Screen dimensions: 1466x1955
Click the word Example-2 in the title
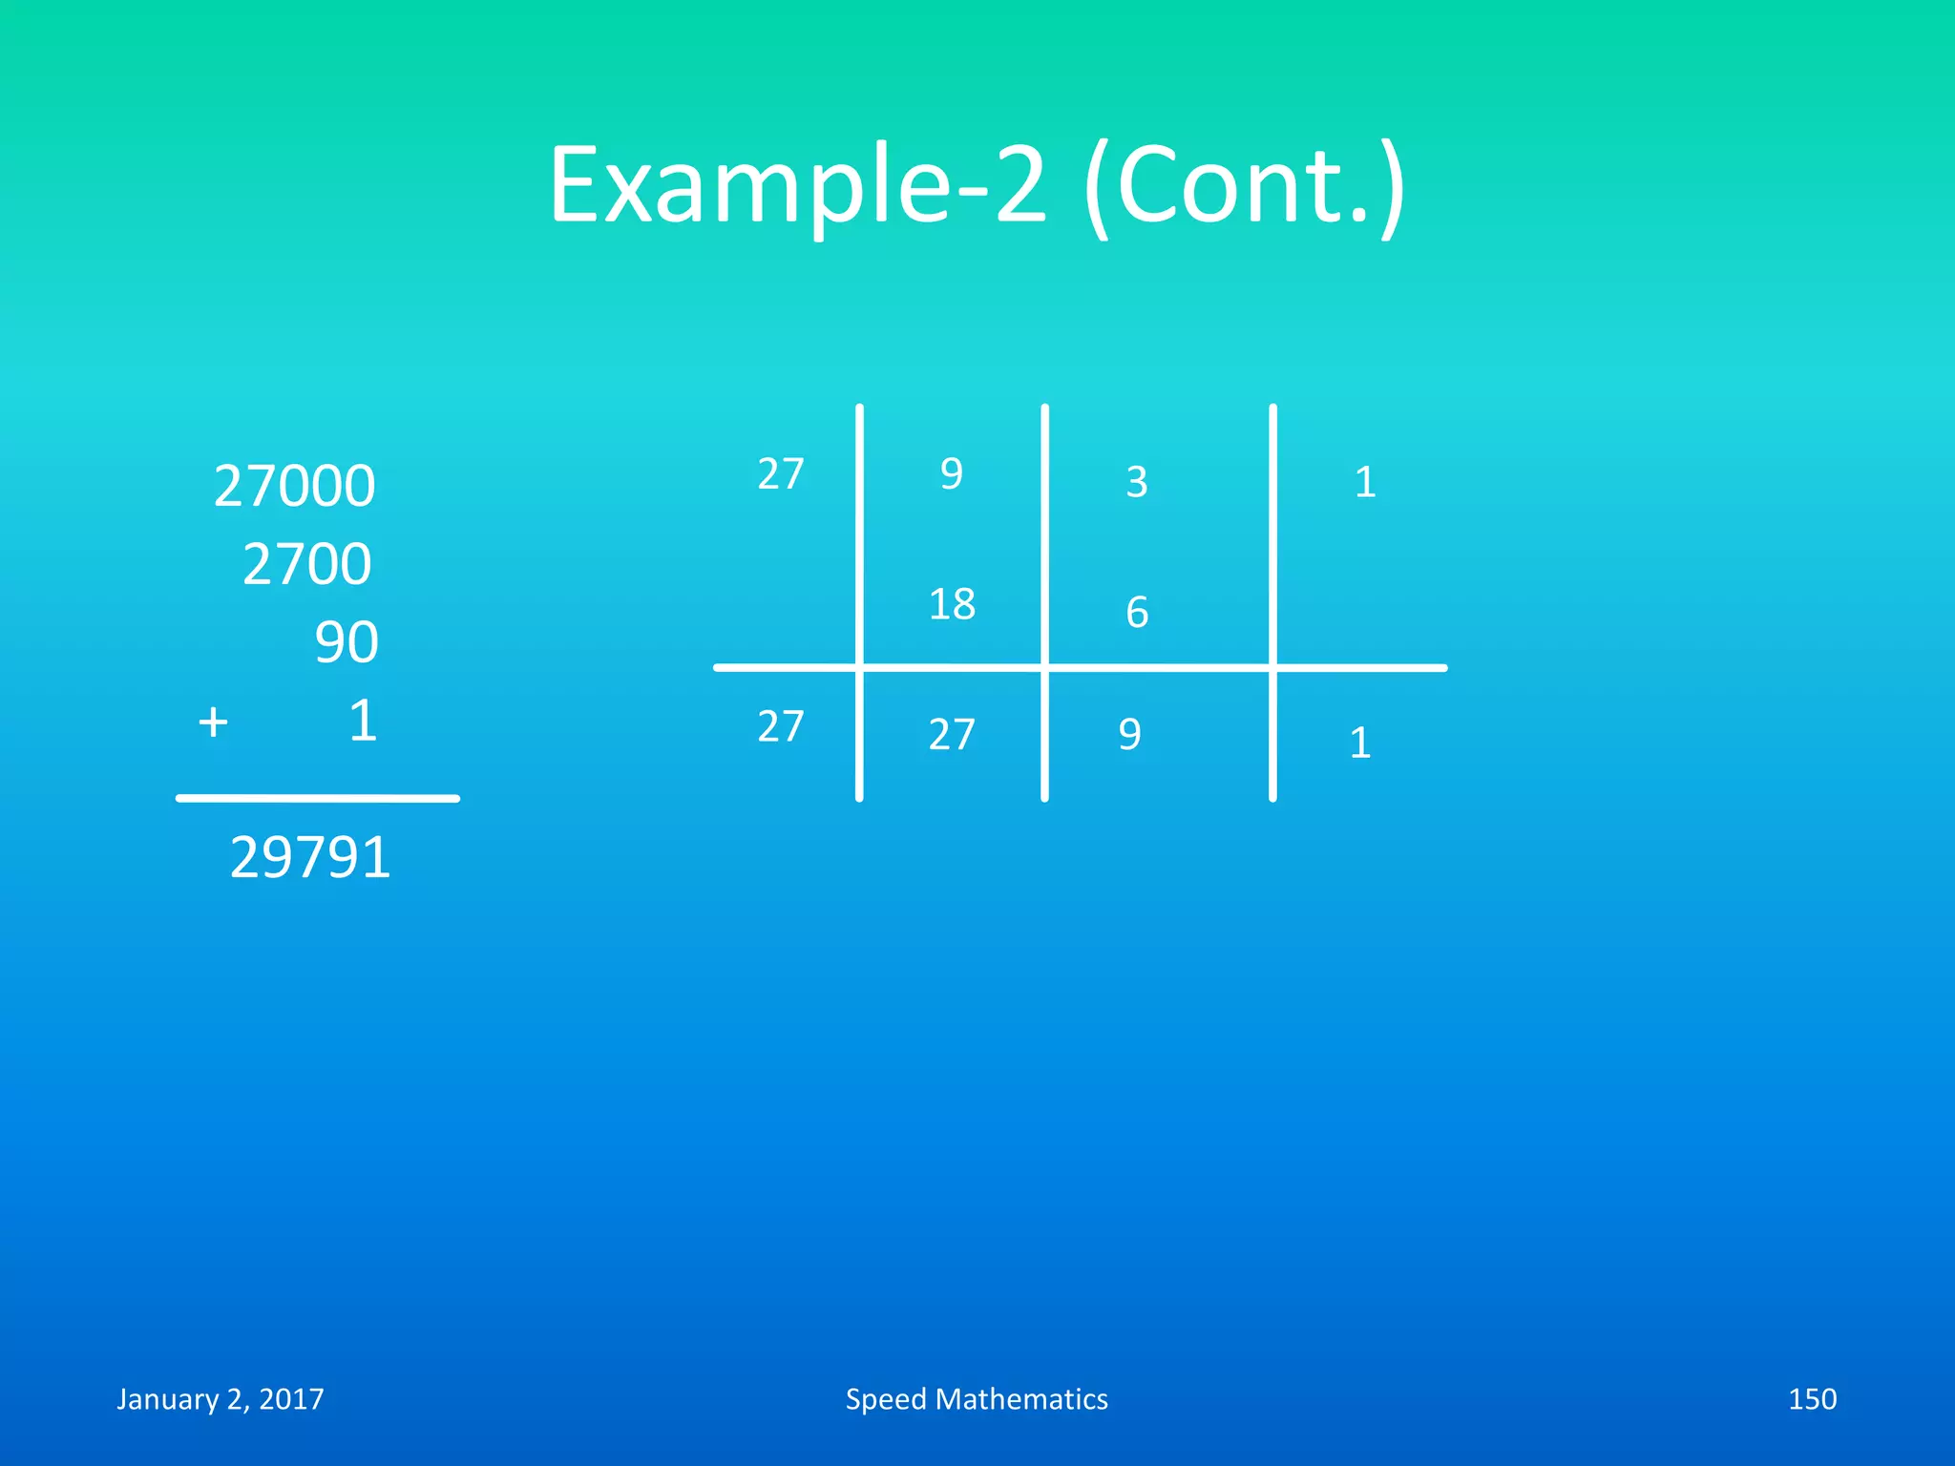[798, 185]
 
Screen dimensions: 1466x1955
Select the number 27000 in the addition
[294, 486]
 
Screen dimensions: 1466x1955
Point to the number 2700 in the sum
[306, 564]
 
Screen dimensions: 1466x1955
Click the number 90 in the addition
[347, 642]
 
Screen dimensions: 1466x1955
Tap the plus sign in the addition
[213, 722]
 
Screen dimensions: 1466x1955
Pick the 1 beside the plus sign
[363, 721]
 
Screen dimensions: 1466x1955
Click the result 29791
[310, 857]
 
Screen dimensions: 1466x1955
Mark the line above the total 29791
[318, 798]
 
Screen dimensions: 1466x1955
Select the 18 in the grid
[952, 604]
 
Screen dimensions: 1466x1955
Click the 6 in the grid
[1136, 612]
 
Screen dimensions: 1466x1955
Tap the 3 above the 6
[1136, 482]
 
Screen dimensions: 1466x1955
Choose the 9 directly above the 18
[952, 473]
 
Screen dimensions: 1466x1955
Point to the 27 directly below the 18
[952, 735]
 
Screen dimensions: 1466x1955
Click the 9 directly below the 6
[1129, 735]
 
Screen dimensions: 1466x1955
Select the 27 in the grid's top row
[781, 473]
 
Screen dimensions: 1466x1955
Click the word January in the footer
[168, 1399]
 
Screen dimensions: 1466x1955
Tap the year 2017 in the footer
[291, 1399]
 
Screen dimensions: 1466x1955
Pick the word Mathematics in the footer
[1021, 1399]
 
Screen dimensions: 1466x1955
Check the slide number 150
[1812, 1399]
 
